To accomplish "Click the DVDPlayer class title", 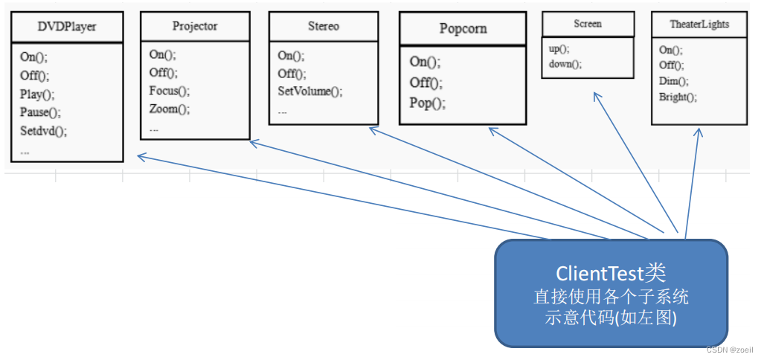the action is point(67,26).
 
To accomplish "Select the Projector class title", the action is point(194,26).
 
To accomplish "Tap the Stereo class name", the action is point(323,26).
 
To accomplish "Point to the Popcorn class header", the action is point(463,28).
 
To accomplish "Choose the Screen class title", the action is point(588,23).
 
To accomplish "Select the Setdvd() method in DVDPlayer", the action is point(44,131).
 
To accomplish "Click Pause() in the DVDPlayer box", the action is point(40,112).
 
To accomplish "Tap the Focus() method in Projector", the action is point(170,91).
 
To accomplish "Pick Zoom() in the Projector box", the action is point(170,109).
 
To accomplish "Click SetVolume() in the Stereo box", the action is point(310,91).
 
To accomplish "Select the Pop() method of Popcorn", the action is point(427,104).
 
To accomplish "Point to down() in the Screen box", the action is point(565,64).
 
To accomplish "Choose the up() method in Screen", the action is point(559,49).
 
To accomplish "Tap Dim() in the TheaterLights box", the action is point(668,81).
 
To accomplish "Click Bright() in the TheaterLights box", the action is point(678,97).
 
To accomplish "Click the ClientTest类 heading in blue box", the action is point(611,274).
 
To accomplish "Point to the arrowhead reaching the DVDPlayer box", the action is point(141,156).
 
